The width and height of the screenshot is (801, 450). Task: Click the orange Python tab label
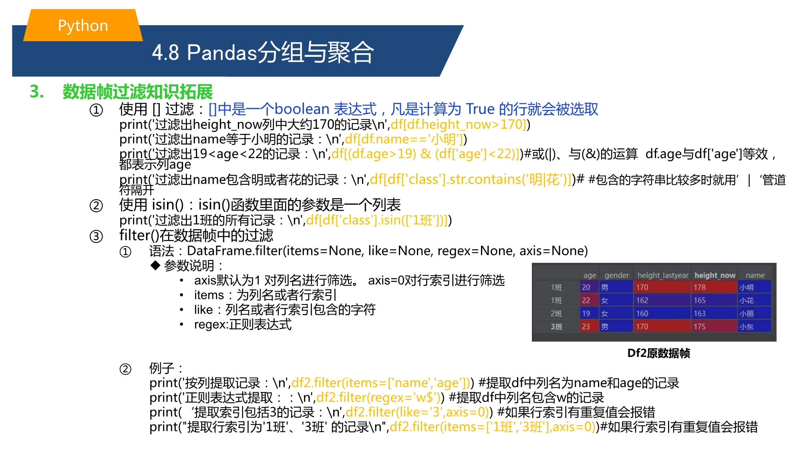[x=83, y=26]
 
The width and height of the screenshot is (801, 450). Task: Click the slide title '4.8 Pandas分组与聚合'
[x=263, y=52]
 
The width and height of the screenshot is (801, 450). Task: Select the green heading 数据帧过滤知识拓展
[x=138, y=92]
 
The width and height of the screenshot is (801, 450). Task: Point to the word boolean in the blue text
[x=302, y=109]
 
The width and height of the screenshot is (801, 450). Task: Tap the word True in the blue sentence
[x=480, y=109]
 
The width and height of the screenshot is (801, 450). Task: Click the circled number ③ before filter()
[x=96, y=236]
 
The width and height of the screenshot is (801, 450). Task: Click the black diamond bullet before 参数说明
[x=155, y=265]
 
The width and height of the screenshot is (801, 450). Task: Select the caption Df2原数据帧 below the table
[x=658, y=353]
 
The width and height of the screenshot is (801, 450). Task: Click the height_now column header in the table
[x=715, y=275]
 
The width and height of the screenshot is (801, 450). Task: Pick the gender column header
[x=617, y=275]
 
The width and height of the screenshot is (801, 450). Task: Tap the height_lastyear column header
[x=663, y=275]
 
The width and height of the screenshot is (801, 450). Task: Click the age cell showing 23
[x=586, y=326]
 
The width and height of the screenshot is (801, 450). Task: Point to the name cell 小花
[x=747, y=300]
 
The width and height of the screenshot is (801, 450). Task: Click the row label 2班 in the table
[x=556, y=314]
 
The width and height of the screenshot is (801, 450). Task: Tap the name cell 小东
[x=747, y=326]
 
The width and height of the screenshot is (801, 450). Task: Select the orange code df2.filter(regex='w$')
[x=378, y=398]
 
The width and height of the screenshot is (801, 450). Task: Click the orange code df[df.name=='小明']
[x=404, y=139]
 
